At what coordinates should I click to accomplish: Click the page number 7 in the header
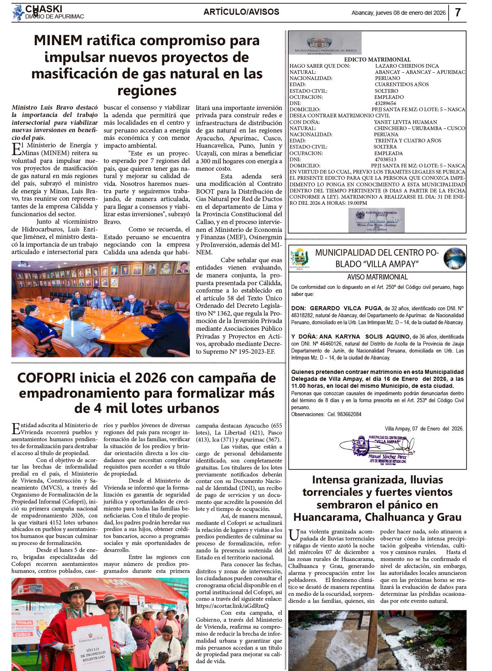(x=458, y=12)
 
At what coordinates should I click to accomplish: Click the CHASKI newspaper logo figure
(x=18, y=12)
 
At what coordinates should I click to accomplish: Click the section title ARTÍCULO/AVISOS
(x=241, y=12)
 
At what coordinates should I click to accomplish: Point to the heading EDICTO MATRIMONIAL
(x=377, y=60)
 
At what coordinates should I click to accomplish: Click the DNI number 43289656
(x=385, y=103)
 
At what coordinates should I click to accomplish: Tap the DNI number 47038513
(x=385, y=159)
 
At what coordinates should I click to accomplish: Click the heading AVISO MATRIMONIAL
(x=377, y=277)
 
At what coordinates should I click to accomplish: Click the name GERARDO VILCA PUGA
(x=346, y=308)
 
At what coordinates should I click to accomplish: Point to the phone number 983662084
(x=344, y=414)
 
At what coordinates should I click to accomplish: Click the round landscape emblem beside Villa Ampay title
(x=455, y=258)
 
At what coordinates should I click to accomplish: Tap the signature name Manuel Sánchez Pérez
(x=387, y=456)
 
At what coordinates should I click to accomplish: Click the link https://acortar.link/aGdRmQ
(x=232, y=606)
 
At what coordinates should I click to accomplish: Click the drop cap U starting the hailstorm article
(x=294, y=535)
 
